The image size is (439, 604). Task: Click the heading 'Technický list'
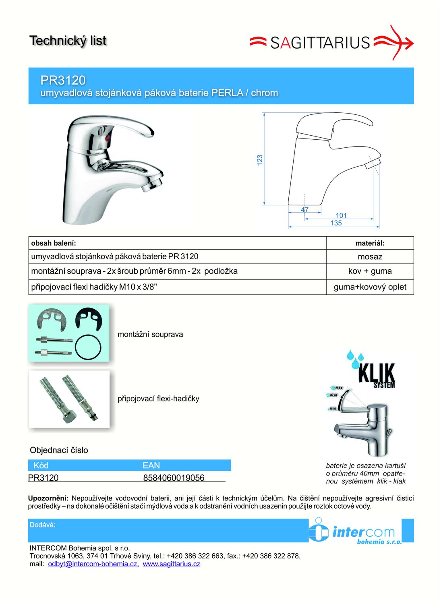[68, 41]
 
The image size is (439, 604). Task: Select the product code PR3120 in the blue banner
[63, 80]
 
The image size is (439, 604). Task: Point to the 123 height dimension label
[260, 159]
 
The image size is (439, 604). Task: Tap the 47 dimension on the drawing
[305, 209]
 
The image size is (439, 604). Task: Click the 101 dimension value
[341, 215]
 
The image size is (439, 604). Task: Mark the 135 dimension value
[336, 223]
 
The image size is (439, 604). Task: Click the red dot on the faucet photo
[107, 139]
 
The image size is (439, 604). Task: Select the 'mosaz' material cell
[370, 256]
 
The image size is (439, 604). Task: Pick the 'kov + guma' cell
[370, 271]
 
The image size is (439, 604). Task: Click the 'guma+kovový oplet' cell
[370, 287]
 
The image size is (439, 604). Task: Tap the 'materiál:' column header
[370, 243]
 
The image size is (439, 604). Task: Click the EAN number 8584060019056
[174, 478]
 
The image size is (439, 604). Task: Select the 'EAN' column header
[151, 465]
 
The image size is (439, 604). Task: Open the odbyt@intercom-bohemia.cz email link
[93, 564]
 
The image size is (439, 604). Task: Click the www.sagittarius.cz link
[171, 564]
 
